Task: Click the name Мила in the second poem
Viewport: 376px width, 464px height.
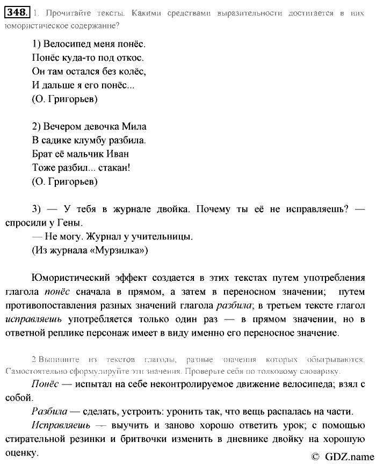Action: click(134, 127)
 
